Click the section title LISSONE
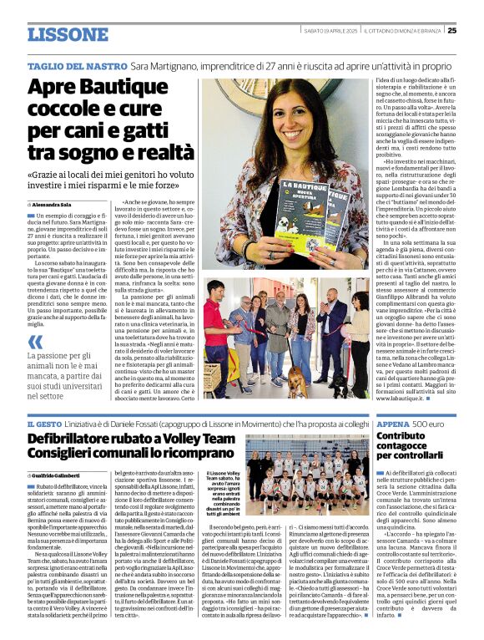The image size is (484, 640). coord(68,34)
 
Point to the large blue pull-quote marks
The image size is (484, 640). coord(35,342)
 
